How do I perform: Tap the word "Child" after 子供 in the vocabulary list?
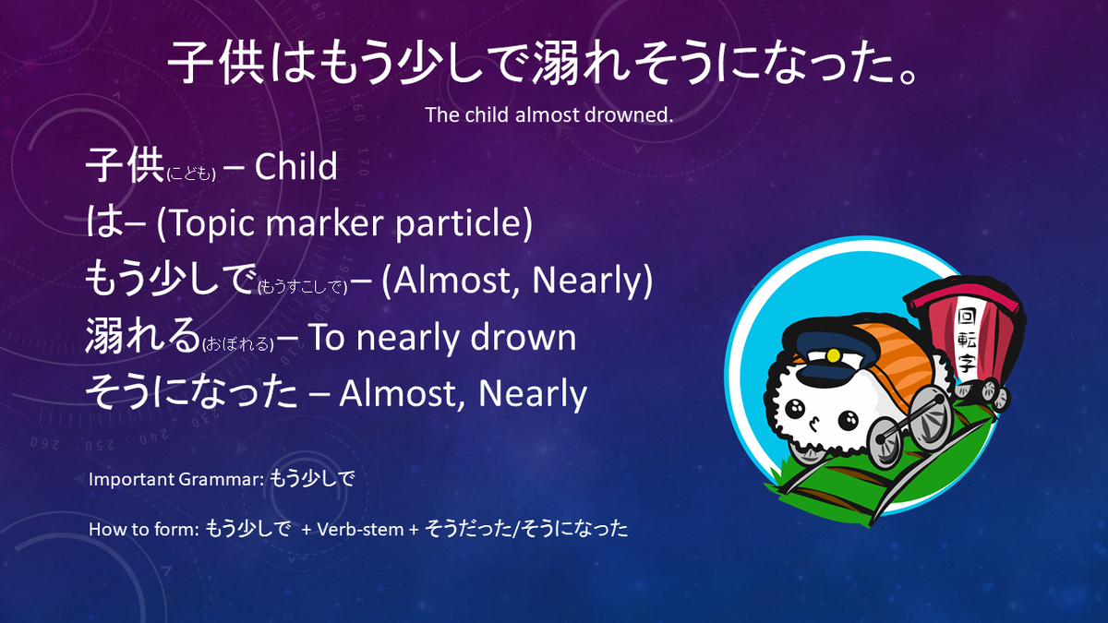(295, 167)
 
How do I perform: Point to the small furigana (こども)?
(191, 174)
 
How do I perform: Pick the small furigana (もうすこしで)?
(302, 287)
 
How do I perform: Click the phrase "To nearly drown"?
(442, 338)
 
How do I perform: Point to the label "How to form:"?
(142, 530)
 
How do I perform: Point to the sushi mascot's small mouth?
(813, 424)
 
